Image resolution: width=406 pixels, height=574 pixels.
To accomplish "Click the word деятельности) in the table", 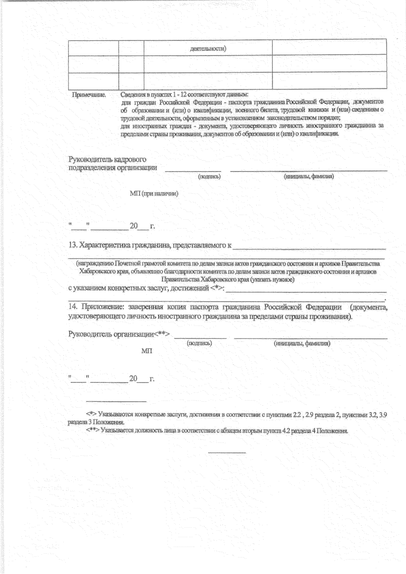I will [x=208, y=49].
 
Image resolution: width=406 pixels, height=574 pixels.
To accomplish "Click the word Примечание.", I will [x=89, y=95].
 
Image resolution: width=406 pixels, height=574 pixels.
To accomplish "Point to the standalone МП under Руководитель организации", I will [x=146, y=351].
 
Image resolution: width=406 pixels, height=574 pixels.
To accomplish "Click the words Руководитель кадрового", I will [x=107, y=159].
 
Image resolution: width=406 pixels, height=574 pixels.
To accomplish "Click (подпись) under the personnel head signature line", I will [x=209, y=176].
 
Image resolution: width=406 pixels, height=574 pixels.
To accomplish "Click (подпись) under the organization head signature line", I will [x=199, y=343].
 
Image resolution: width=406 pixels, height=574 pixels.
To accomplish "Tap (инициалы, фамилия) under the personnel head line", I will [x=309, y=176].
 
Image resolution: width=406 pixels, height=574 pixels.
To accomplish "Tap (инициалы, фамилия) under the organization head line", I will [x=302, y=343].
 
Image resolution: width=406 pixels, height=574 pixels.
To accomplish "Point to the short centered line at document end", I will [x=227, y=452].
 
